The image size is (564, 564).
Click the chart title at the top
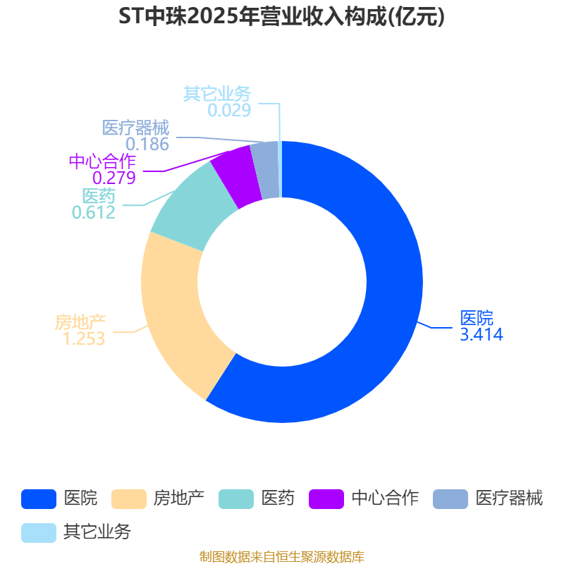pyautogui.click(x=281, y=16)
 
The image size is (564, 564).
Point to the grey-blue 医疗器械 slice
pyautogui.click(x=266, y=170)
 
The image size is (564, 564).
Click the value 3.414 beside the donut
pyautogui.click(x=482, y=334)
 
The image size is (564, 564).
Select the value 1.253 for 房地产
pyautogui.click(x=84, y=338)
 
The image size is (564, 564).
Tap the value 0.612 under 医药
pyautogui.click(x=94, y=212)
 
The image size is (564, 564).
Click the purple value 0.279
pyautogui.click(x=114, y=178)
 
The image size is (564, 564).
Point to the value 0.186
pyautogui.click(x=147, y=145)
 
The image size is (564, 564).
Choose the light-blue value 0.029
pyautogui.click(x=229, y=110)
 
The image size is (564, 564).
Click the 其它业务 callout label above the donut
pyautogui.click(x=217, y=94)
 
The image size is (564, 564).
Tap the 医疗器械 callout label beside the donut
pyautogui.click(x=135, y=128)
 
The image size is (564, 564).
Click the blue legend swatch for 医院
pyautogui.click(x=39, y=499)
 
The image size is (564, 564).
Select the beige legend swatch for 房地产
pyautogui.click(x=129, y=499)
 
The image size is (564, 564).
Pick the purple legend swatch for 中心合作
pyautogui.click(x=326, y=499)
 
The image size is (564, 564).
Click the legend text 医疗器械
pyautogui.click(x=509, y=498)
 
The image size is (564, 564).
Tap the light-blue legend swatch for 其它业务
pyautogui.click(x=39, y=533)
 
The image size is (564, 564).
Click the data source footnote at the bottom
pyautogui.click(x=282, y=557)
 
